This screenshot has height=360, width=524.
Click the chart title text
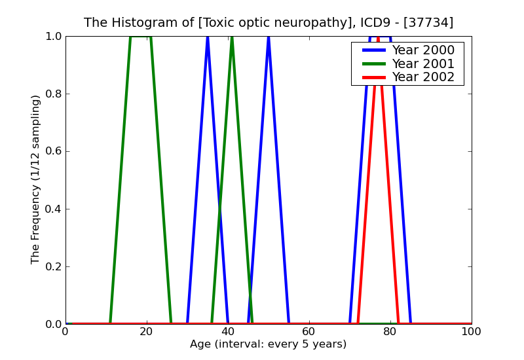click(269, 23)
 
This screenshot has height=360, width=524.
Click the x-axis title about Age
click(269, 344)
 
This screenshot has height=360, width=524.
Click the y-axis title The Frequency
click(36, 179)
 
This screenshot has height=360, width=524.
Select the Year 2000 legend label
click(423, 50)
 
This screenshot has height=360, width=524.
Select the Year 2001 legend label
click(423, 63)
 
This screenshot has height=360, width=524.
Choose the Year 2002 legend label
click(423, 77)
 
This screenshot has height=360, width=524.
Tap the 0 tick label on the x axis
click(65, 332)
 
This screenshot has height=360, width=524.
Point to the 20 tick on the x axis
click(147, 332)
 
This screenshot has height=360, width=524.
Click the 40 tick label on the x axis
click(228, 332)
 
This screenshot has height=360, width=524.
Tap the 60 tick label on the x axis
click(309, 332)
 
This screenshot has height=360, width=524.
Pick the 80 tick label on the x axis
click(390, 332)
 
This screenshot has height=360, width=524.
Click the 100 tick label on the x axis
click(472, 332)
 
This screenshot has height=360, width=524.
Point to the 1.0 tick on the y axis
click(52, 37)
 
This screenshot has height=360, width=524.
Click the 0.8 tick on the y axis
click(52, 94)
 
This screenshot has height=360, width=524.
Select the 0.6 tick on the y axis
click(52, 152)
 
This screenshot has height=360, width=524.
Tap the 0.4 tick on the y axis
click(52, 209)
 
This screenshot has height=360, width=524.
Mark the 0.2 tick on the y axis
click(52, 267)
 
